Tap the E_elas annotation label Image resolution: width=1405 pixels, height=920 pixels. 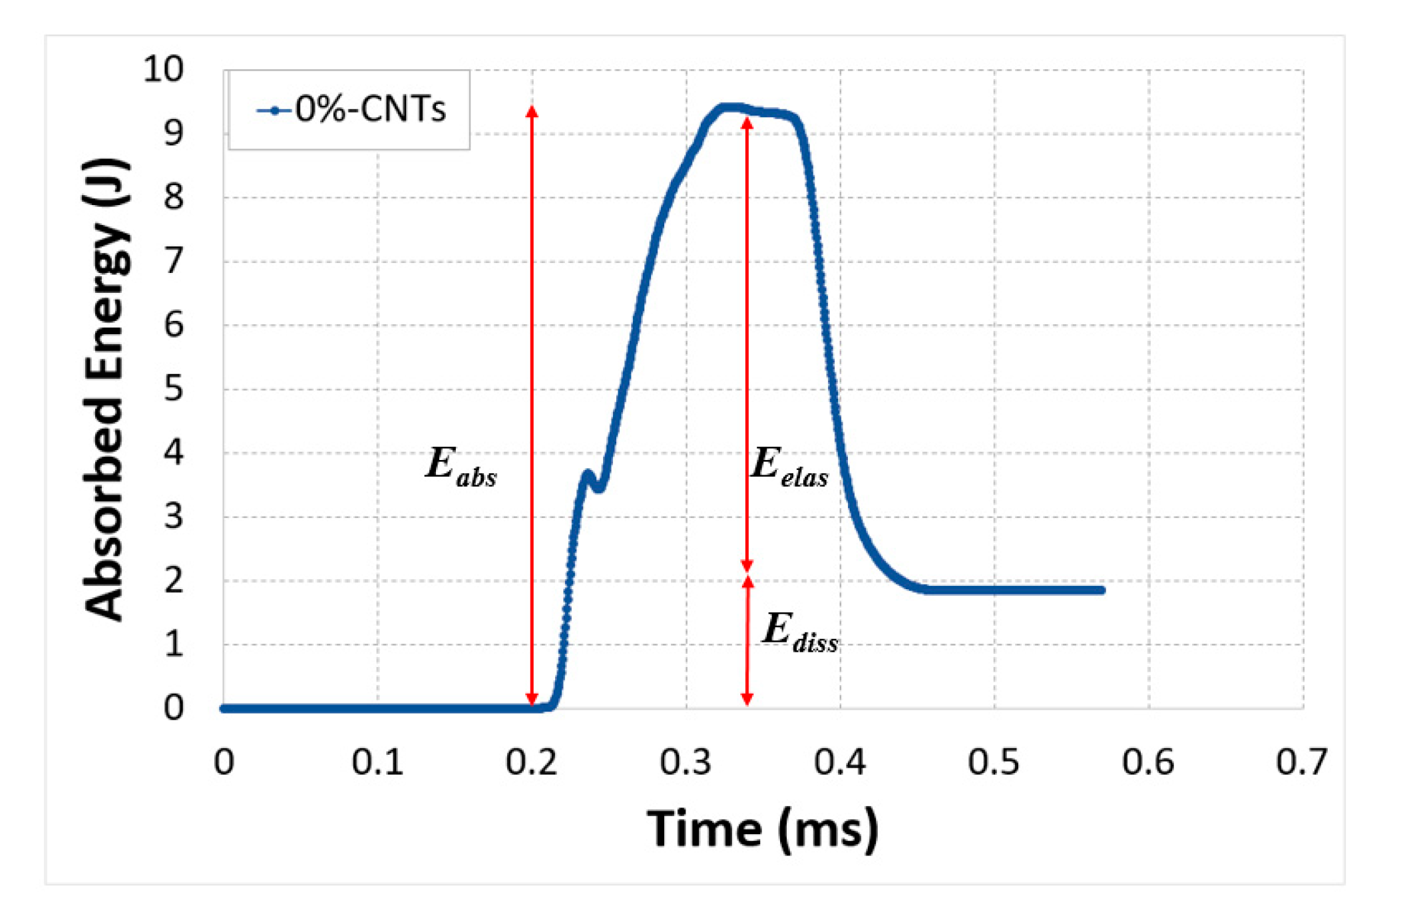pyautogui.click(x=789, y=466)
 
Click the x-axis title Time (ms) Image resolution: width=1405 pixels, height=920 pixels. pyautogui.click(x=763, y=829)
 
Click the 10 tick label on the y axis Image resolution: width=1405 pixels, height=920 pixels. pyautogui.click(x=163, y=69)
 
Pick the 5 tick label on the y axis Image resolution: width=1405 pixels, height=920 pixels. pyautogui.click(x=173, y=389)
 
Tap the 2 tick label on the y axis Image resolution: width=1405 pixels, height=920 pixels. pyautogui.click(x=173, y=580)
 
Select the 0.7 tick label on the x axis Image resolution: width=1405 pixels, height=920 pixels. pyautogui.click(x=1302, y=762)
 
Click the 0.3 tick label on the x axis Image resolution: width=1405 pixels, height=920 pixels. pyautogui.click(x=686, y=762)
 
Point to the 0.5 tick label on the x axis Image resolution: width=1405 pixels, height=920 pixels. pyautogui.click(x=994, y=762)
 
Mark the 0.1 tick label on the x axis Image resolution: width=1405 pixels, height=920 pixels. pyautogui.click(x=377, y=762)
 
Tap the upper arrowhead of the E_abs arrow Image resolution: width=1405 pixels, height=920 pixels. pyautogui.click(x=532, y=111)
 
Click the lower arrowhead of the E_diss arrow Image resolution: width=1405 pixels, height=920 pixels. pyautogui.click(x=747, y=699)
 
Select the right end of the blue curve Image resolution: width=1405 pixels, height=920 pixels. pyautogui.click(x=1102, y=590)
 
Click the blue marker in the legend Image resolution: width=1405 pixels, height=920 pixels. pyautogui.click(x=274, y=111)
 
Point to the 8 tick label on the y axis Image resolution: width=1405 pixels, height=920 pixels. pyautogui.click(x=173, y=197)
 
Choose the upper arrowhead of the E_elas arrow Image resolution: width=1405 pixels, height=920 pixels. pyautogui.click(x=747, y=123)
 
